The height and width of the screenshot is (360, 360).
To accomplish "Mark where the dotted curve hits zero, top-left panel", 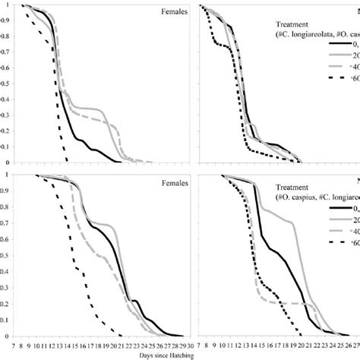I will tap(68, 161).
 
